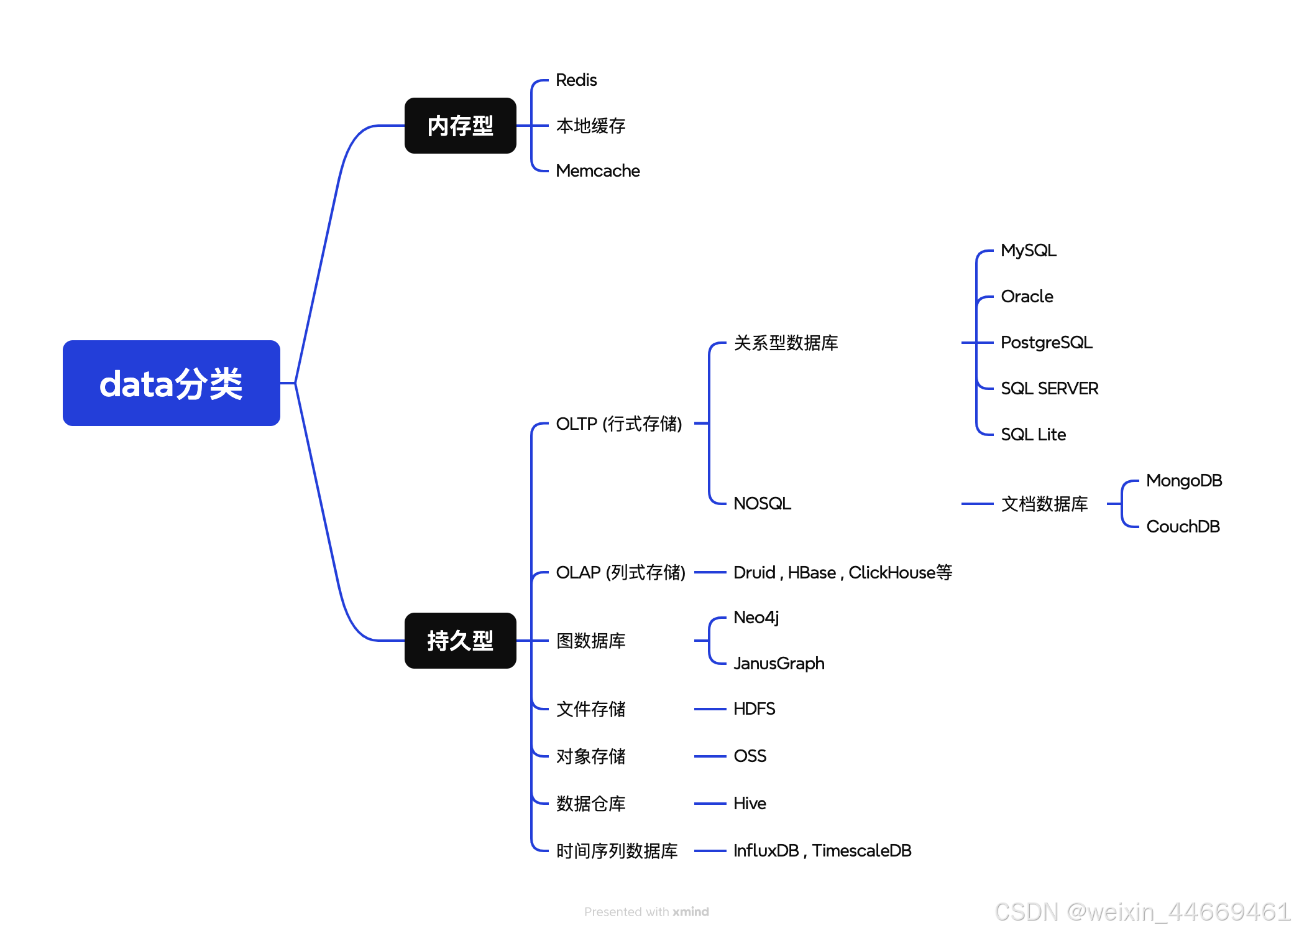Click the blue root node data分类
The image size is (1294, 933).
[171, 383]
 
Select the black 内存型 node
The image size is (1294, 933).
[460, 126]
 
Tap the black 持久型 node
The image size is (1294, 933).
[460, 641]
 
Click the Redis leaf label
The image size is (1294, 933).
[576, 80]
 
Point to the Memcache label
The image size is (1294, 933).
[597, 171]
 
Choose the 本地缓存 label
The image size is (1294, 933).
[590, 126]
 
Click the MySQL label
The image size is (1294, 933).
[1028, 251]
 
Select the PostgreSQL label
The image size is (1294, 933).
[1046, 343]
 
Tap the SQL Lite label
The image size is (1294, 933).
[1033, 435]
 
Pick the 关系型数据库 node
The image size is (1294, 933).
[786, 343]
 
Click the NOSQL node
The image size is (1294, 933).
[762, 504]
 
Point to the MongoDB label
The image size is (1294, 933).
[1183, 481]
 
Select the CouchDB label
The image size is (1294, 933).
[1182, 527]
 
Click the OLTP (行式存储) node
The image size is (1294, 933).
[618, 424]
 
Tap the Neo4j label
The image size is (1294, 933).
[756, 618]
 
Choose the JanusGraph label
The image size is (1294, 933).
[779, 664]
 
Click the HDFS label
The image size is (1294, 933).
[754, 709]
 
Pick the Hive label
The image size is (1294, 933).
[750, 804]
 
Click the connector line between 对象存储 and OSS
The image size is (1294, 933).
[710, 756]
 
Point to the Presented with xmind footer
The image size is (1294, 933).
[646, 912]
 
